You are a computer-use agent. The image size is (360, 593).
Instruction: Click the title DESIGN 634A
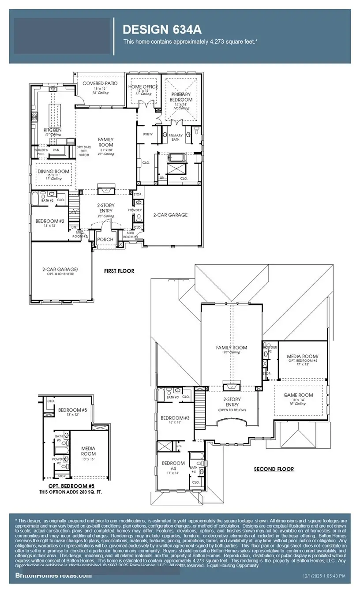tap(162, 30)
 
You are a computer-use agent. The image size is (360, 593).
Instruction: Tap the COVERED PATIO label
tap(100, 83)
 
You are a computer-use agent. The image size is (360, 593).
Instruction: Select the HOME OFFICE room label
tap(143, 86)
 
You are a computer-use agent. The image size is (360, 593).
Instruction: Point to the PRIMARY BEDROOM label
tap(181, 97)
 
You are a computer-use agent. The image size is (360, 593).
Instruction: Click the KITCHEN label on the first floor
tap(52, 130)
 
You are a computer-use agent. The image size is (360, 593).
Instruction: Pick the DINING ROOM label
tap(53, 171)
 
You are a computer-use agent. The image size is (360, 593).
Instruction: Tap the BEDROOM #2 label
tap(50, 221)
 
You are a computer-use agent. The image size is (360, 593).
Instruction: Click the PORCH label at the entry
tap(105, 240)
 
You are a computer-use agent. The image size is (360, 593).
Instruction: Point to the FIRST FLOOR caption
tap(119, 271)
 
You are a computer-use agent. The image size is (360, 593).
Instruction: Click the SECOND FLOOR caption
tap(274, 469)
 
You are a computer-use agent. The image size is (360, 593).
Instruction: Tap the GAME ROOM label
tap(298, 395)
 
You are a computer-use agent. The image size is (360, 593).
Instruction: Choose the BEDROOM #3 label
tap(175, 418)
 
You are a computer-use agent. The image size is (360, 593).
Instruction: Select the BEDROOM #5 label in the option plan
tap(73, 410)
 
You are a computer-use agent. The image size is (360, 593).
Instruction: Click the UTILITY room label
tap(147, 134)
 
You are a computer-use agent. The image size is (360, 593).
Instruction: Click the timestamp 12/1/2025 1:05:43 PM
tap(324, 576)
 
